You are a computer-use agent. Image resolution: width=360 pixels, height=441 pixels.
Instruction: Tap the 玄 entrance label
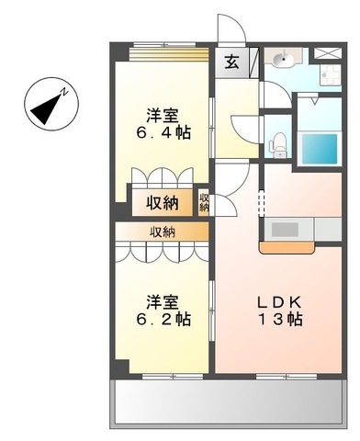click(x=231, y=62)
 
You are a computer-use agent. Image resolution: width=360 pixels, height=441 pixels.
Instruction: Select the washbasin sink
click(x=281, y=61)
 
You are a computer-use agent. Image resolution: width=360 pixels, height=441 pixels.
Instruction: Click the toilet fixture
click(x=278, y=142)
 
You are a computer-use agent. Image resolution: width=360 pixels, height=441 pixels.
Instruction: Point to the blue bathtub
click(x=321, y=147)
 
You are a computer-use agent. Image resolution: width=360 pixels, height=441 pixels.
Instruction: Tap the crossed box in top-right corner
click(x=326, y=51)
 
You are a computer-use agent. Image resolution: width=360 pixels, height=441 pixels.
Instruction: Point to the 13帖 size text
click(x=278, y=322)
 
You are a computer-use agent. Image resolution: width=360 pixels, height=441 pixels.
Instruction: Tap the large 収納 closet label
click(x=162, y=202)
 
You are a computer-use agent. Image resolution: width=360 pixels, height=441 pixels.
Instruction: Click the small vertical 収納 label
click(x=204, y=203)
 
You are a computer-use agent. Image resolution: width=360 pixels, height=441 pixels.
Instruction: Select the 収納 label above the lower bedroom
click(x=162, y=232)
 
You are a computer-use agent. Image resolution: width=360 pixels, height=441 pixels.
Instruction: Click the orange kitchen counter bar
click(x=288, y=246)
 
